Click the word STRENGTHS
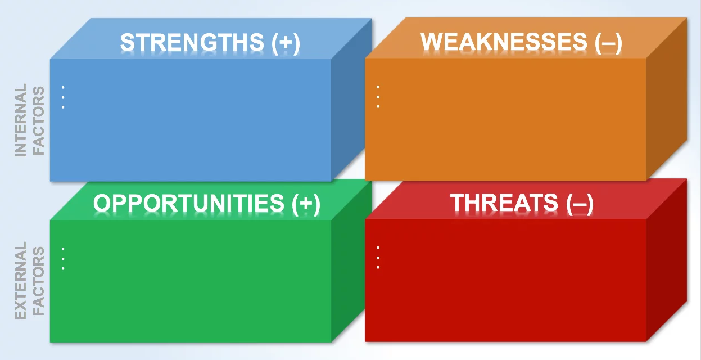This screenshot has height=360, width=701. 192,42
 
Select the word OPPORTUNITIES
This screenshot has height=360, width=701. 189,203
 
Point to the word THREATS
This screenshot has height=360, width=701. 504,202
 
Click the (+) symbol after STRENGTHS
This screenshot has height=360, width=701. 286,43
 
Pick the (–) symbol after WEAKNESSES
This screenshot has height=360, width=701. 608,43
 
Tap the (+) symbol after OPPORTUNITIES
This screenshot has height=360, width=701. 306,204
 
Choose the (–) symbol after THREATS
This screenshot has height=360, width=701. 580,204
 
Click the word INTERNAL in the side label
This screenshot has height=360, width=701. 21,120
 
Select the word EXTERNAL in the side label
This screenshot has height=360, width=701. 21,281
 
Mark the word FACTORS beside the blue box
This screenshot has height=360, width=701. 39,121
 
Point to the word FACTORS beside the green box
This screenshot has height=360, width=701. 39,281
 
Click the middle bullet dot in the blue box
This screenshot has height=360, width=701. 63,97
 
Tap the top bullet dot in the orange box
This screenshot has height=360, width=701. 378,87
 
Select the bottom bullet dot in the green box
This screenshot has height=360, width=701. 63,268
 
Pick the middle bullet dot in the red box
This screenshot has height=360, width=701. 378,258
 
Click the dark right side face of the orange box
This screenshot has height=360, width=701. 667,98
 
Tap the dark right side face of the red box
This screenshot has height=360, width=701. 667,260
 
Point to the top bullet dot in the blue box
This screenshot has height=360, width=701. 63,87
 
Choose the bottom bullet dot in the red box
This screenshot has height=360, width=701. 378,268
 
